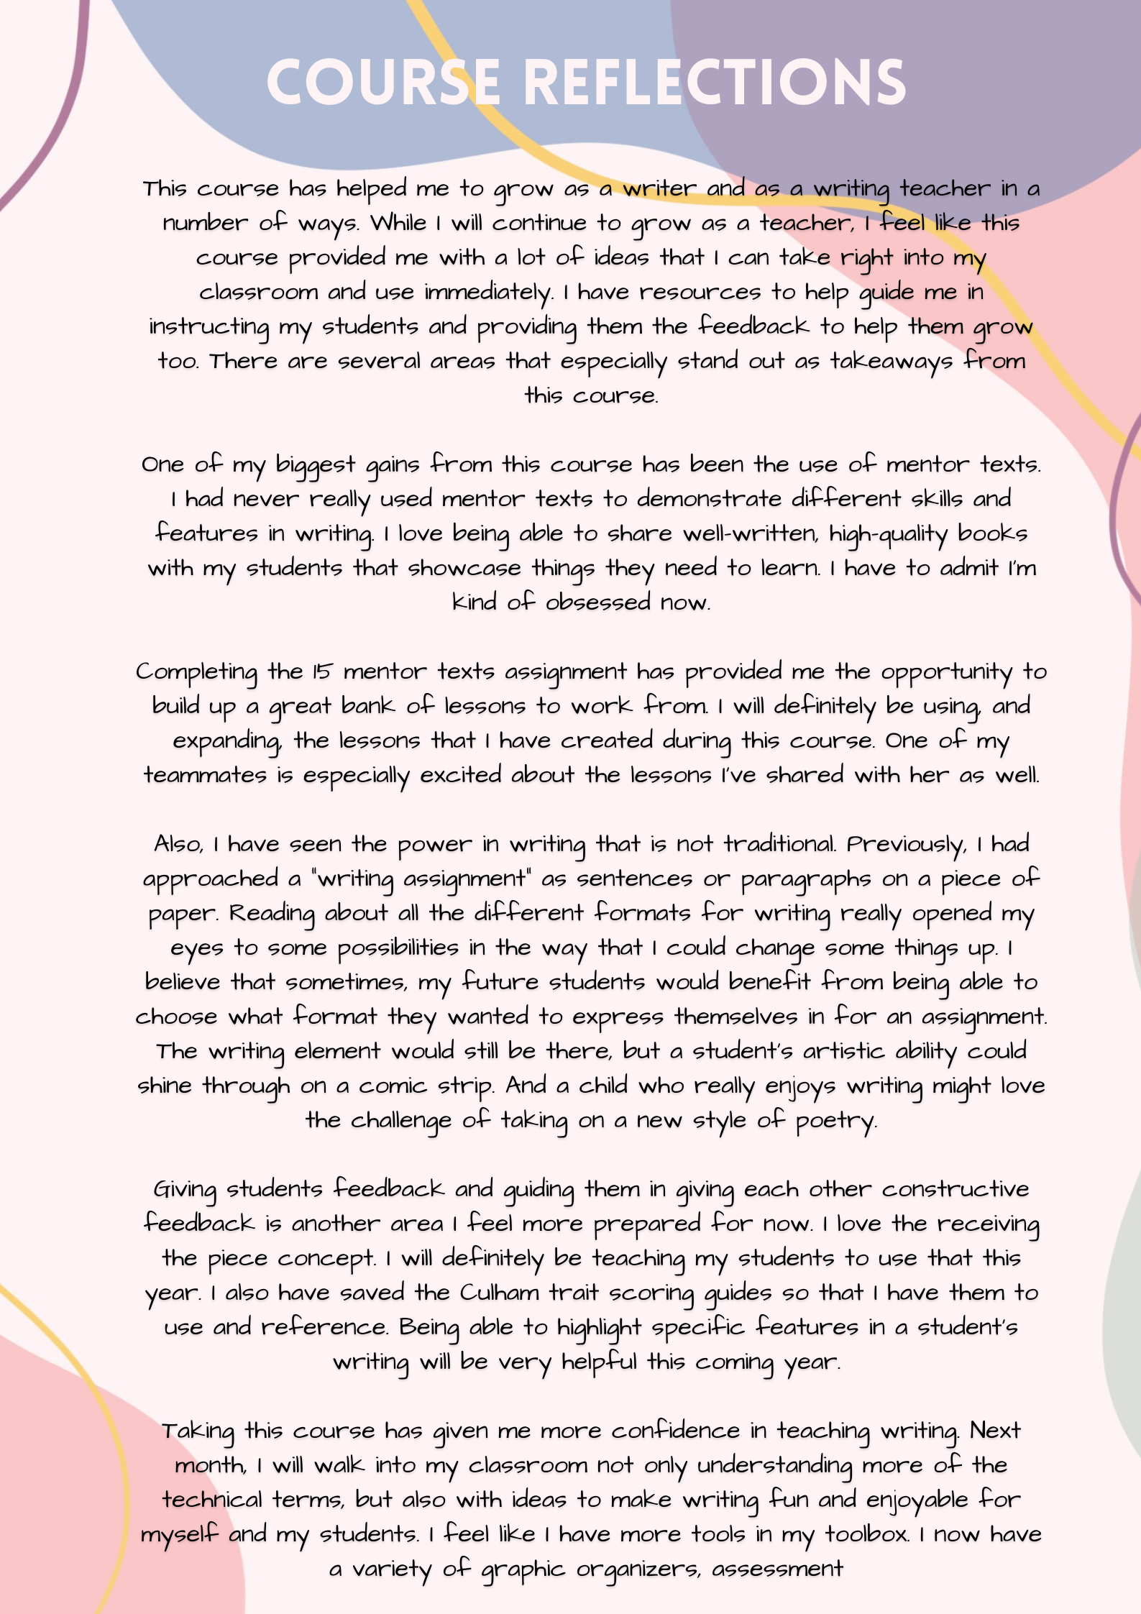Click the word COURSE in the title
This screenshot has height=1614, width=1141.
click(x=383, y=83)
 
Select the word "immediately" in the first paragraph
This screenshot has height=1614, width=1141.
click(x=488, y=293)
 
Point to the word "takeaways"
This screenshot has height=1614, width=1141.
click(x=892, y=362)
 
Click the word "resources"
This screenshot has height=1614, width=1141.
click(x=700, y=293)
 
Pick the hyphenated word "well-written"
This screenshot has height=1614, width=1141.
click(x=750, y=534)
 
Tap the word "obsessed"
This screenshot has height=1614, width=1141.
click(x=598, y=602)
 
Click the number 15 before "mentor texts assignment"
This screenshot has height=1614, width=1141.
click(x=323, y=672)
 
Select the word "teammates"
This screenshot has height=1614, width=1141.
click(x=205, y=776)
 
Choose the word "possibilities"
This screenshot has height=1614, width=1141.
click(x=398, y=949)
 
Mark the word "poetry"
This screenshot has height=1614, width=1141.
click(x=835, y=1122)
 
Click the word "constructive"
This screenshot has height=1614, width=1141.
click(x=956, y=1190)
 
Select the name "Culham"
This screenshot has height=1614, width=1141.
click(x=500, y=1293)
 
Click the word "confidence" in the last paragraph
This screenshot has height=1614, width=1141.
click(x=675, y=1431)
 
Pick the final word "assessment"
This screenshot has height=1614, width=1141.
click(x=777, y=1569)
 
